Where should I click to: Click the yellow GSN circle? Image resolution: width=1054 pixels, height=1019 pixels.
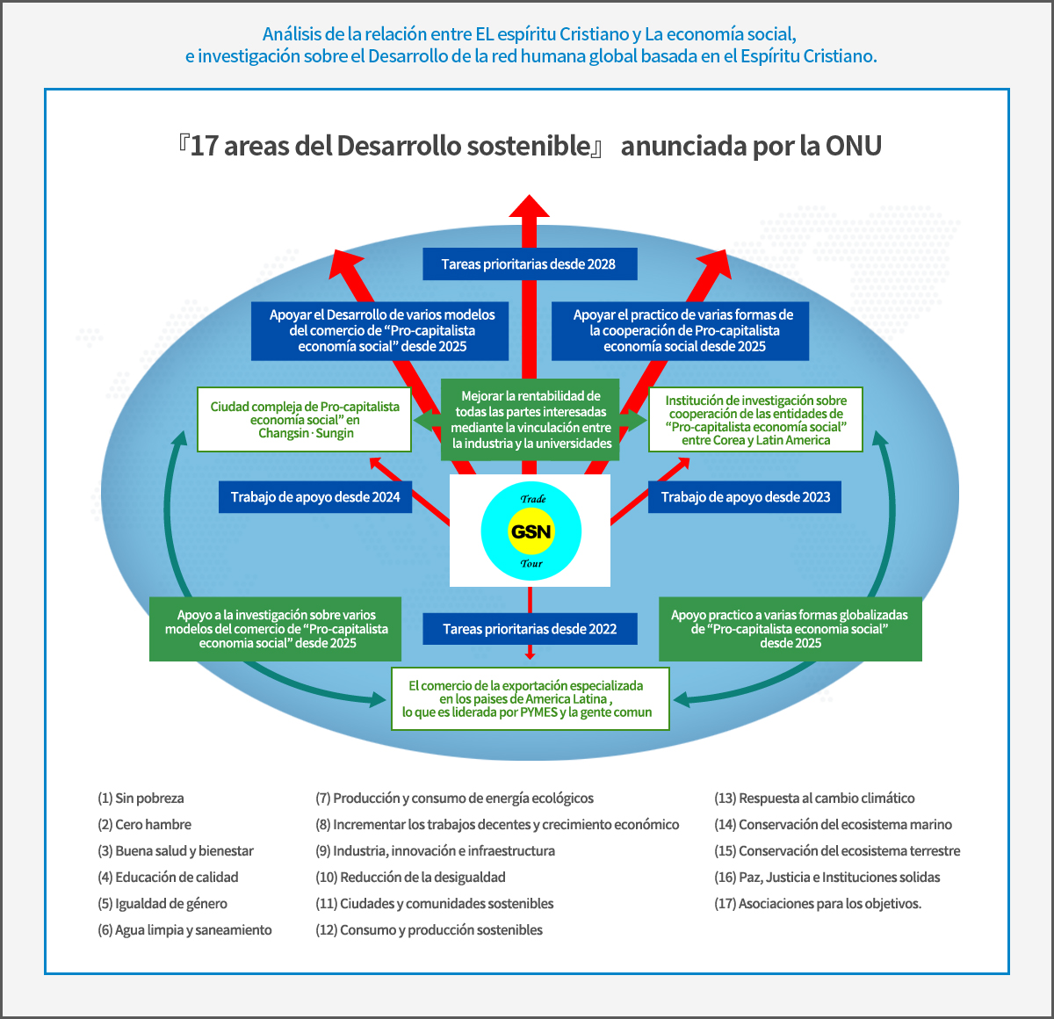(531, 531)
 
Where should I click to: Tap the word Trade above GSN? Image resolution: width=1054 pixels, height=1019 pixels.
(533, 499)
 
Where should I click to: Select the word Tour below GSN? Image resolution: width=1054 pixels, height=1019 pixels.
(531, 563)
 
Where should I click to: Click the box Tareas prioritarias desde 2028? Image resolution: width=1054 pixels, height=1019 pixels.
(530, 264)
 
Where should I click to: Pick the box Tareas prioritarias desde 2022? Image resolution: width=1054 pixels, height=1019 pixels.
(530, 628)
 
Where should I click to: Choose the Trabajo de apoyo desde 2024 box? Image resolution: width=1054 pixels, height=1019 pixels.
(315, 497)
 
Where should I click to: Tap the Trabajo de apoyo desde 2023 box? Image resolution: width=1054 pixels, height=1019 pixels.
(745, 497)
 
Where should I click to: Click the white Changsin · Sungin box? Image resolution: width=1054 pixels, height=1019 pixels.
(305, 419)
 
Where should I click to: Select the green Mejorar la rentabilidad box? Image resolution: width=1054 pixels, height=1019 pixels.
(530, 419)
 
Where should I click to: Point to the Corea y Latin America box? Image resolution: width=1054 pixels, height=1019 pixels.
(755, 419)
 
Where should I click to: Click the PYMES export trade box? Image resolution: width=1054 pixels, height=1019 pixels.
(531, 698)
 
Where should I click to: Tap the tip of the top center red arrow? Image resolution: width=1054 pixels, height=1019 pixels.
(530, 194)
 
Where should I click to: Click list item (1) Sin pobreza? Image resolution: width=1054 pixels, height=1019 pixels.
(141, 798)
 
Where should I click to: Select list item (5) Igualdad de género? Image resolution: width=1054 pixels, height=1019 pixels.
(162, 903)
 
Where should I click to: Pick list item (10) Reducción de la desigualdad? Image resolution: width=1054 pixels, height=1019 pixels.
(410, 877)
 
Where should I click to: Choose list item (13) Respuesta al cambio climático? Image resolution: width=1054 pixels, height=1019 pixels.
(814, 798)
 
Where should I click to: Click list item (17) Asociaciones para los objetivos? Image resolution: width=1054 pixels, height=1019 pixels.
(818, 903)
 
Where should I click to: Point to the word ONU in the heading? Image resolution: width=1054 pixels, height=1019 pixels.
(853, 146)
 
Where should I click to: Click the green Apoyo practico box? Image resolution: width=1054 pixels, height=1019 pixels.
(790, 628)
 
